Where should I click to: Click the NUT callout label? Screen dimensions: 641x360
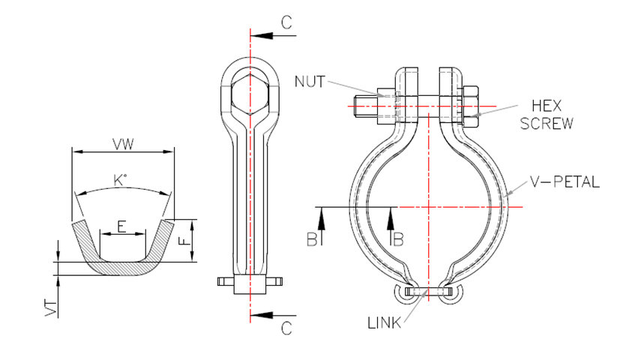(310, 82)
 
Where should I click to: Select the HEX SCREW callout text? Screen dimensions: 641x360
(547, 115)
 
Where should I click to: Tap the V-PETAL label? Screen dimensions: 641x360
(565, 181)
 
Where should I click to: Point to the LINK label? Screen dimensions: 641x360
(385, 323)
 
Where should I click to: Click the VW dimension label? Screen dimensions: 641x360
(123, 144)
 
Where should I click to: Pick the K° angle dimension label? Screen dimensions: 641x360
(120, 180)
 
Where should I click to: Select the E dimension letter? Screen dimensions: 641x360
(121, 226)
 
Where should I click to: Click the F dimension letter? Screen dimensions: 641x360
(185, 239)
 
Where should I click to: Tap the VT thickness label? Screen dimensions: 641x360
(51, 308)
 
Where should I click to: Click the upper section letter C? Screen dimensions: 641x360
(286, 22)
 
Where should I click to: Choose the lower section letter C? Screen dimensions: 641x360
(286, 328)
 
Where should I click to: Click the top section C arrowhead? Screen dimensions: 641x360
(262, 35)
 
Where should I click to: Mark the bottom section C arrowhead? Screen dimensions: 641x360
(262, 316)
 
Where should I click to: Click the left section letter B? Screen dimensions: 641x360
(312, 239)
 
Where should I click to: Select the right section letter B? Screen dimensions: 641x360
(399, 239)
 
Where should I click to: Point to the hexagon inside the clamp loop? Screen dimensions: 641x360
(250, 95)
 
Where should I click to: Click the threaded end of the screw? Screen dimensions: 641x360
(365, 107)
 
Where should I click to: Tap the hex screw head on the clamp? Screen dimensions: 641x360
(470, 106)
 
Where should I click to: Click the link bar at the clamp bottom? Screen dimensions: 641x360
(429, 292)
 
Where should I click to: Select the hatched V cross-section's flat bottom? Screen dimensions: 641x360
(121, 268)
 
